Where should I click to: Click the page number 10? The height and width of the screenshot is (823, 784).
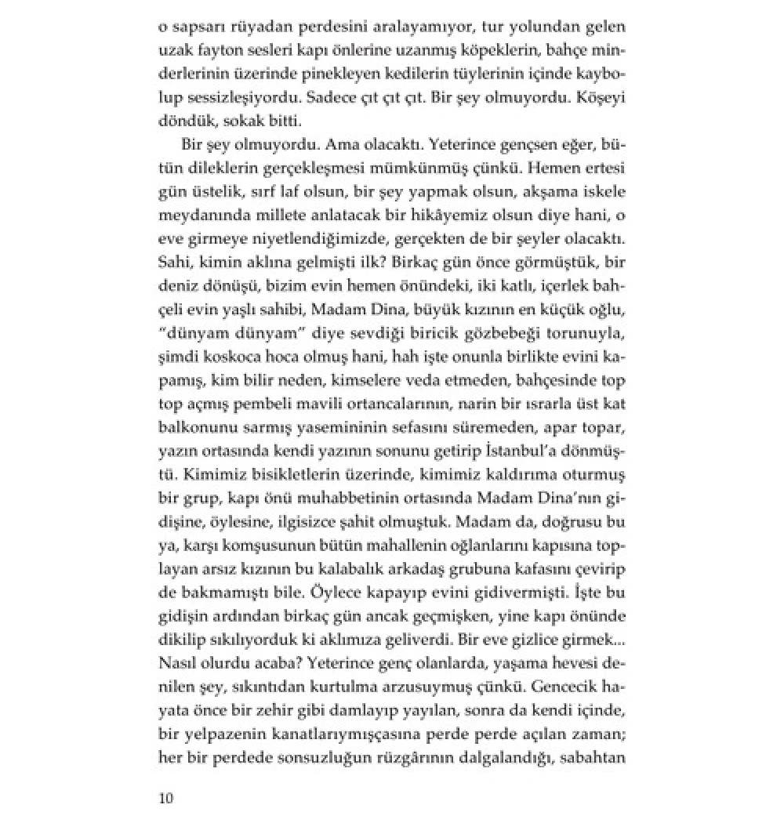coord(165,798)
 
